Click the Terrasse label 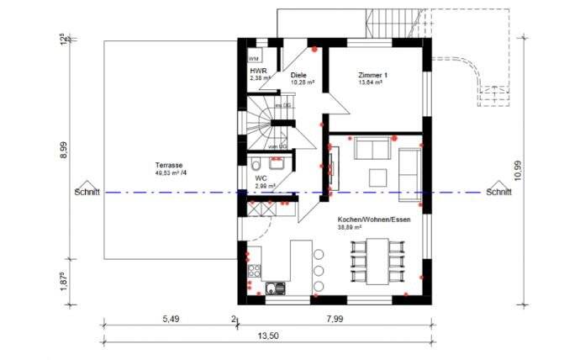[169, 165]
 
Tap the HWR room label [258, 71]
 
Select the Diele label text [298, 75]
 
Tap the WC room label [261, 178]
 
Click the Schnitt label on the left [87, 192]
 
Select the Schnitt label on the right [499, 192]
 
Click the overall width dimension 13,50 [268, 336]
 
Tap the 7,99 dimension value [335, 319]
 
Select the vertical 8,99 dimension [64, 151]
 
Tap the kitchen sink [274, 289]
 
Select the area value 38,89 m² [350, 227]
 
